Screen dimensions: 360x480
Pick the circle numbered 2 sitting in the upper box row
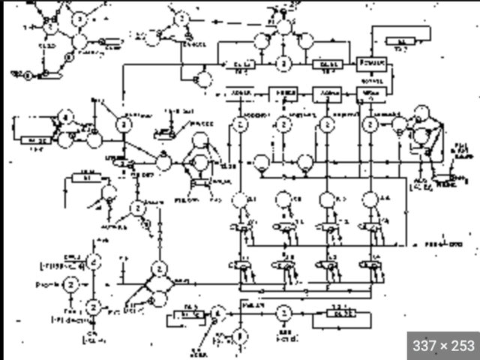283,65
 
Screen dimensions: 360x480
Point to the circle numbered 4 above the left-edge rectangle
66,118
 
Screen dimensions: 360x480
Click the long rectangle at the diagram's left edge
31,139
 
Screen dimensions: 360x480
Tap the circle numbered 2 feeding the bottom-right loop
283,311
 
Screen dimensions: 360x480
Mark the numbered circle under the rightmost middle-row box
370,124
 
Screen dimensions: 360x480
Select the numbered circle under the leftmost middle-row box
240,124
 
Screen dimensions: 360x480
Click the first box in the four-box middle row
241,94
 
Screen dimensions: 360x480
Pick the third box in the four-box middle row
326,94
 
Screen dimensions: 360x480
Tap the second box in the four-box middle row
283,94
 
